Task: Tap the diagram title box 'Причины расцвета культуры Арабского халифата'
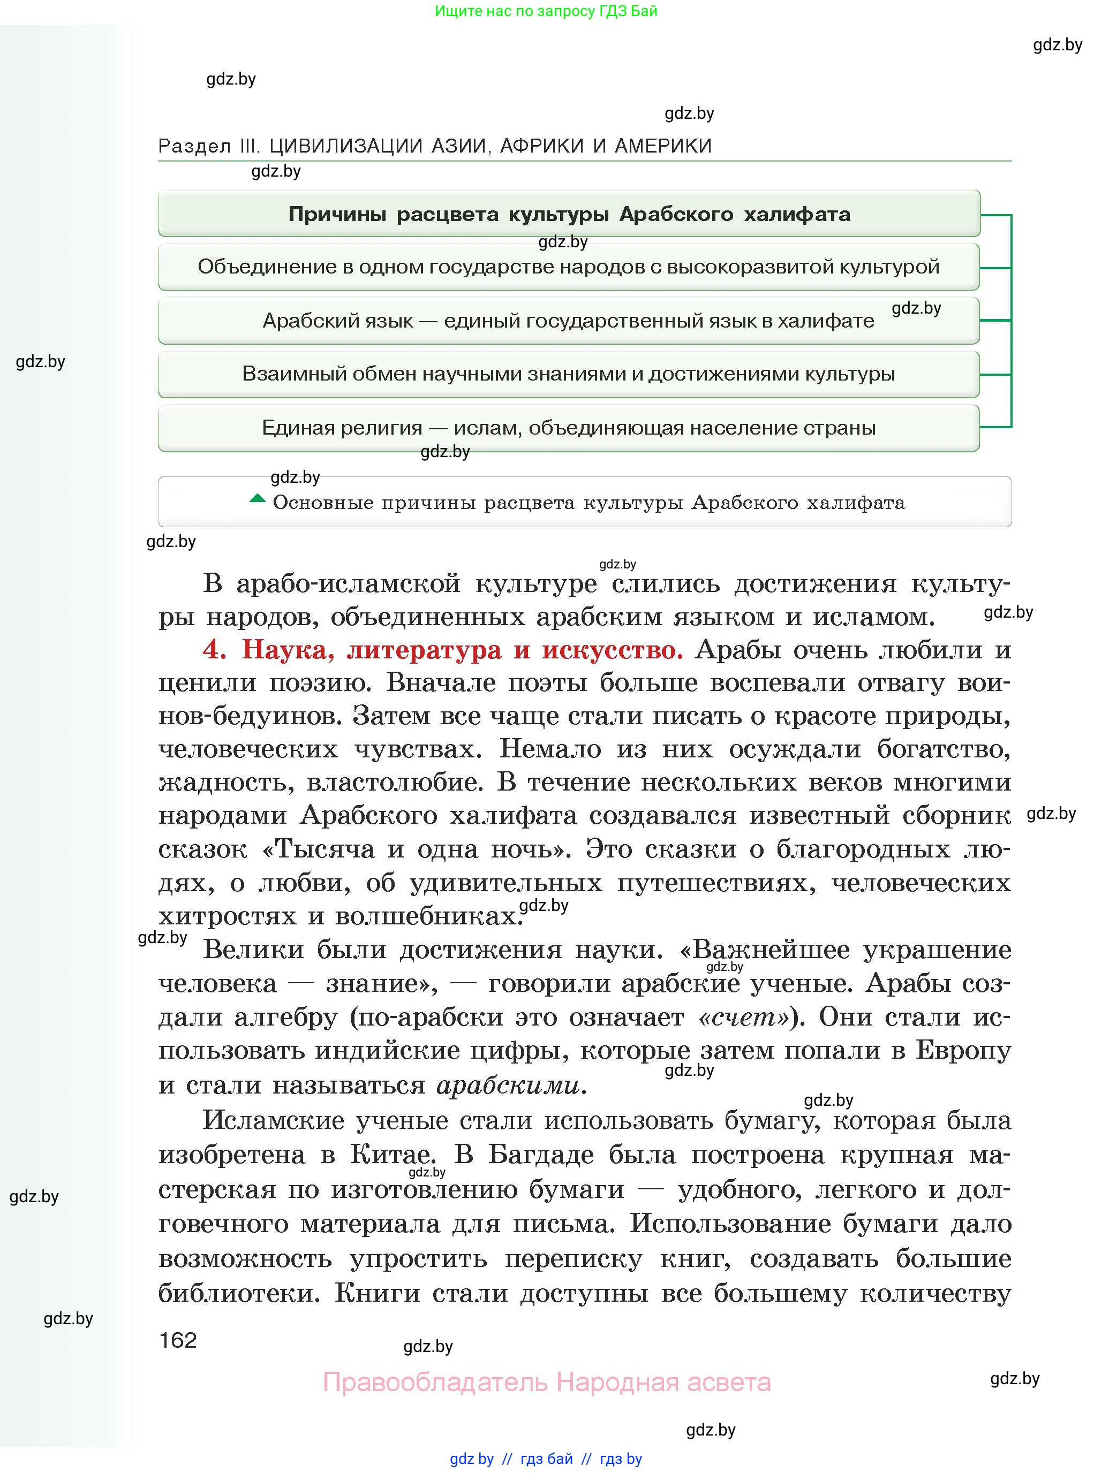pos(569,214)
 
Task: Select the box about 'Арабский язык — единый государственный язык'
pos(568,321)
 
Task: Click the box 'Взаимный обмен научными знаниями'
pos(568,374)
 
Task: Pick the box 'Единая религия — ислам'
pos(568,428)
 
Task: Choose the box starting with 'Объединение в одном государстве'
pos(568,267)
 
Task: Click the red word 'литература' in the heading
pos(424,649)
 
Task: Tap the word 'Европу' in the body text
pos(963,1051)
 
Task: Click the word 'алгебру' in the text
pos(286,1017)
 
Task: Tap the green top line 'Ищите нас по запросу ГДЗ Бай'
pos(546,11)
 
